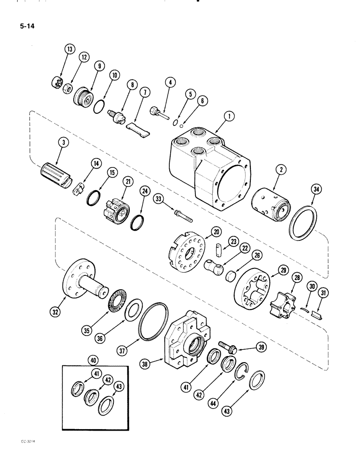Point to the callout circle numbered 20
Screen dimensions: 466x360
(x=215, y=231)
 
